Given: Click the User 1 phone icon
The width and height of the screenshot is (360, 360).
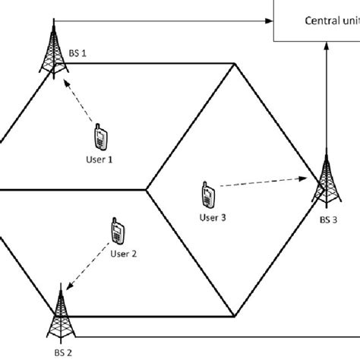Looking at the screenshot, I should tap(99, 138).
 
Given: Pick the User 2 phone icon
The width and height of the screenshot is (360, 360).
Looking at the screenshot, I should tap(116, 231).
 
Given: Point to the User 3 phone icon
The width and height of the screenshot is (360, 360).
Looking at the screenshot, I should tap(207, 194).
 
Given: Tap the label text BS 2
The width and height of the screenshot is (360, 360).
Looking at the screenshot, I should tap(62, 352).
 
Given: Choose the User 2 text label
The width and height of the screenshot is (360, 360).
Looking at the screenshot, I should tap(124, 254).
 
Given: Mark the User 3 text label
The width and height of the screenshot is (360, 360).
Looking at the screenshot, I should tap(213, 218).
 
